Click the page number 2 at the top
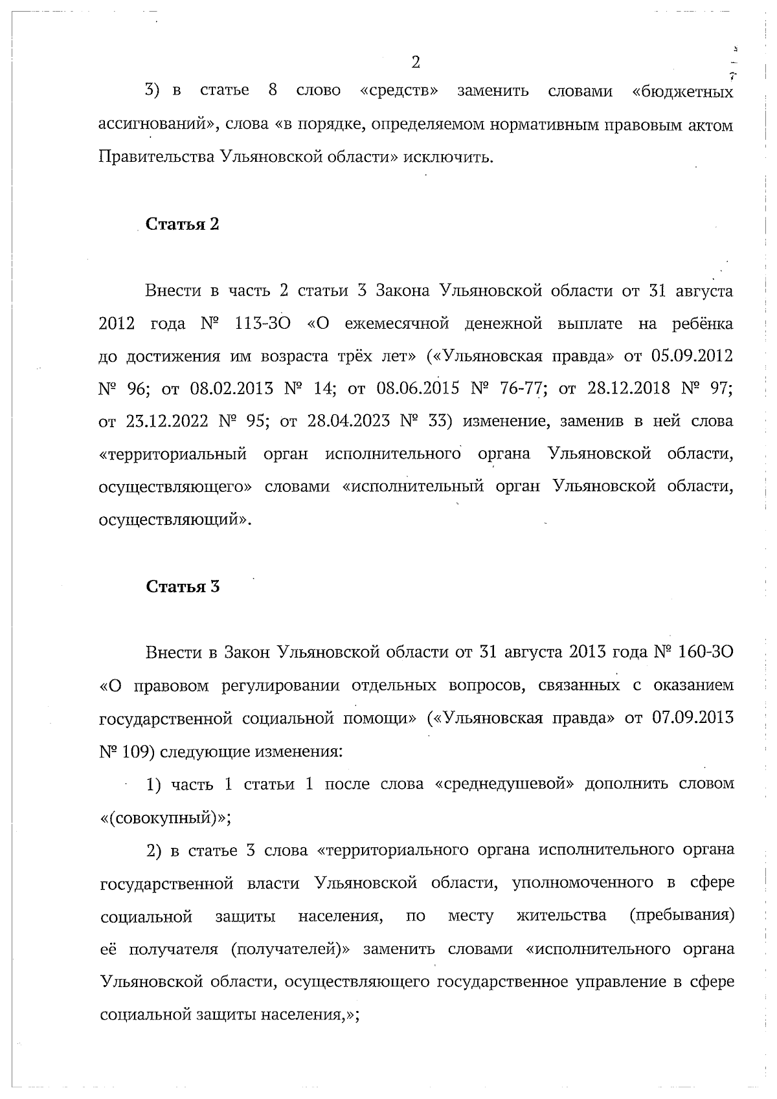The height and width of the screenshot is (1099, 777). pyautogui.click(x=416, y=62)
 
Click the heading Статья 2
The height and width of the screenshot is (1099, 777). pyautogui.click(x=183, y=225)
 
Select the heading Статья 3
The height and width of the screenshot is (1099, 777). pyautogui.click(x=183, y=586)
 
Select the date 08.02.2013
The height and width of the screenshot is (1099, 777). pyautogui.click(x=231, y=389)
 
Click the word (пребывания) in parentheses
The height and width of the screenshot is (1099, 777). pyautogui.click(x=681, y=916)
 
